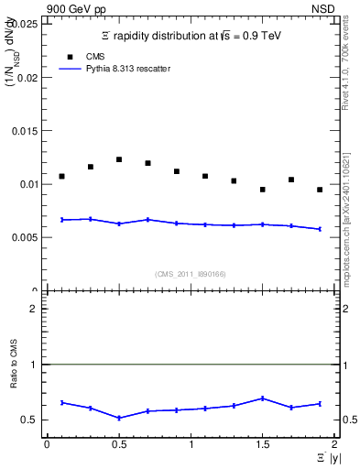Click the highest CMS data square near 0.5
coord(119,159)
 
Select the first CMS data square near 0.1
coord(61,176)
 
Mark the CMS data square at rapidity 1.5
coord(262,190)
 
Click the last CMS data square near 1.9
coord(320,190)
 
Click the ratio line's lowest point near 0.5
coord(119,418)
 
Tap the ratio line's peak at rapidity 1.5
coord(262,398)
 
